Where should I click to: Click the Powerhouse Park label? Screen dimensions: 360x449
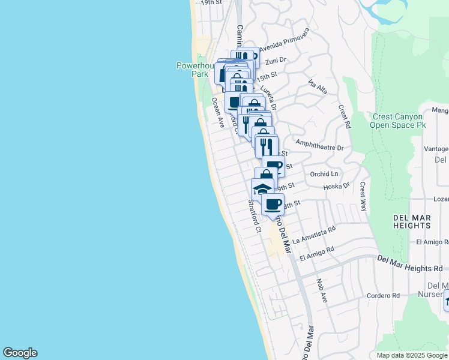click(191, 70)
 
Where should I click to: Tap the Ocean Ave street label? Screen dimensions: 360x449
click(217, 113)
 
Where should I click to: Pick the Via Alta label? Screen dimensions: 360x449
click(318, 86)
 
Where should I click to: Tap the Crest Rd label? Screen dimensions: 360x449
click(344, 117)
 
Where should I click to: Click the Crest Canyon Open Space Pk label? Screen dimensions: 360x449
click(398, 121)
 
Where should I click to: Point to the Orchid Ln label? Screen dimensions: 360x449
click(325, 174)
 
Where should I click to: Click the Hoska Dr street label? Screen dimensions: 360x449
click(336, 186)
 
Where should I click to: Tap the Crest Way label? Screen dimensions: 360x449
click(363, 197)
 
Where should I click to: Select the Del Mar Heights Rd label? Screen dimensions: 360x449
click(414, 260)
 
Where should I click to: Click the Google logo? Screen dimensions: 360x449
click(20, 353)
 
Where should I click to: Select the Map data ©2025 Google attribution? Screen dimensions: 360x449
click(411, 355)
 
